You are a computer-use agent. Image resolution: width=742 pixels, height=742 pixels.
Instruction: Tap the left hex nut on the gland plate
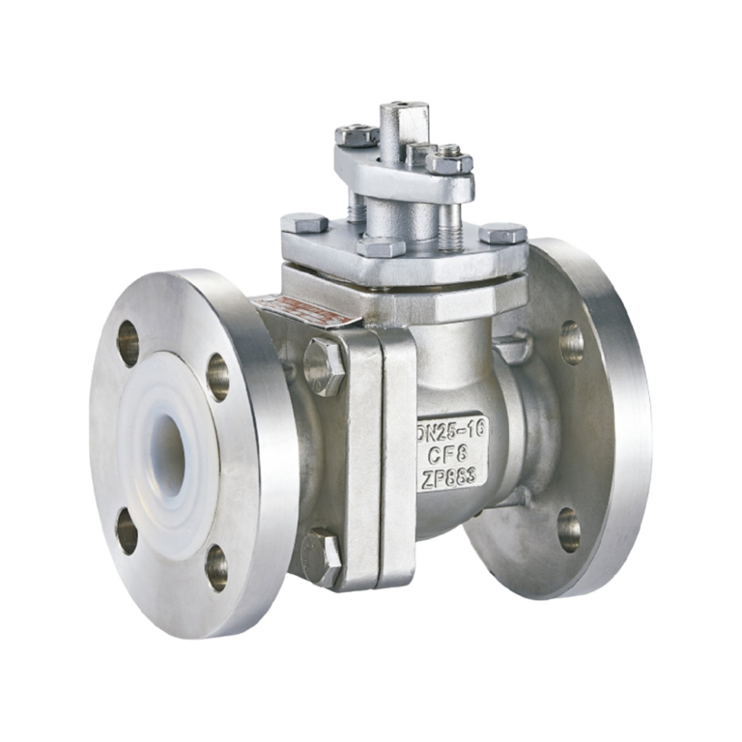pyautogui.click(x=357, y=136)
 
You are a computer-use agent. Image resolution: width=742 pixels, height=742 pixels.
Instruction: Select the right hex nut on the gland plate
pyautogui.click(x=448, y=160)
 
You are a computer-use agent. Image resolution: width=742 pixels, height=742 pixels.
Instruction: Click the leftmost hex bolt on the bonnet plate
pyautogui.click(x=304, y=223)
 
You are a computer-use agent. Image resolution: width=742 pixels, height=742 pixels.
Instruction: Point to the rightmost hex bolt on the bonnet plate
pyautogui.click(x=502, y=233)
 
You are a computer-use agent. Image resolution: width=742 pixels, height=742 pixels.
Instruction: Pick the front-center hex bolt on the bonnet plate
pyautogui.click(x=381, y=246)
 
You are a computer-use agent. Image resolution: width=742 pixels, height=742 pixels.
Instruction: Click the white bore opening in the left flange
pyautogui.click(x=168, y=454)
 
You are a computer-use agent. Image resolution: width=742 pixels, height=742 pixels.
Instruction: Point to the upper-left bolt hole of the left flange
pyautogui.click(x=128, y=343)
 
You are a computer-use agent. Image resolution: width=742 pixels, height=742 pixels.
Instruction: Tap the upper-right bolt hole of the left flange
pyautogui.click(x=218, y=377)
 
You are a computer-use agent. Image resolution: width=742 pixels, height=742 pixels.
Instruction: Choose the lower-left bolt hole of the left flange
pyautogui.click(x=127, y=530)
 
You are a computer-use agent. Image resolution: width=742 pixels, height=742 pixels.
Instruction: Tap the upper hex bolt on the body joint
pyautogui.click(x=325, y=365)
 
